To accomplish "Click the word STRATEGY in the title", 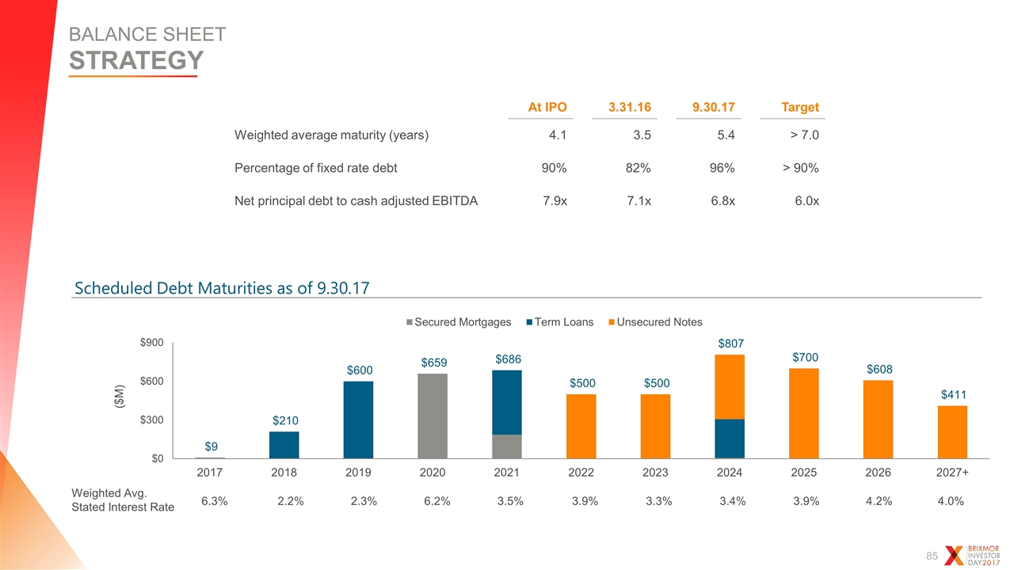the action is [136, 60].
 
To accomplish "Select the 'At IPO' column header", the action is [547, 107].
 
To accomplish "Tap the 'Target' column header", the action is [800, 107].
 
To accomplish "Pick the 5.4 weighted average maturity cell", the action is [726, 135].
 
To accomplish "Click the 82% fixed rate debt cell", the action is [639, 168].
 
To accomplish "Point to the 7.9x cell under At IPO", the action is [555, 201].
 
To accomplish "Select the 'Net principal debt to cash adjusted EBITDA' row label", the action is [356, 201].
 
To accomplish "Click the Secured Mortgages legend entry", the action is [459, 322].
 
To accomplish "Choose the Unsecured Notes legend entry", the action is [655, 322].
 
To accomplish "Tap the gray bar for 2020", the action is [433, 416].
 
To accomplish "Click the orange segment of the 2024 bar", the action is [730, 387].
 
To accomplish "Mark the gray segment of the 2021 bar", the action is [506, 446].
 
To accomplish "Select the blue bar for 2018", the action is [284, 445].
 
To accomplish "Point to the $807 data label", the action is [730, 344].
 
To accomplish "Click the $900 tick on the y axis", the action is [151, 343].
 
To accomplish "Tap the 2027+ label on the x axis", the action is [952, 473].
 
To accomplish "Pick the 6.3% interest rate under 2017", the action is [214, 501].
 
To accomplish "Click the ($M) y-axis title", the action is [119, 397].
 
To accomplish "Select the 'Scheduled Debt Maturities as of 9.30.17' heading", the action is [222, 288].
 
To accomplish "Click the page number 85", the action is [932, 556].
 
